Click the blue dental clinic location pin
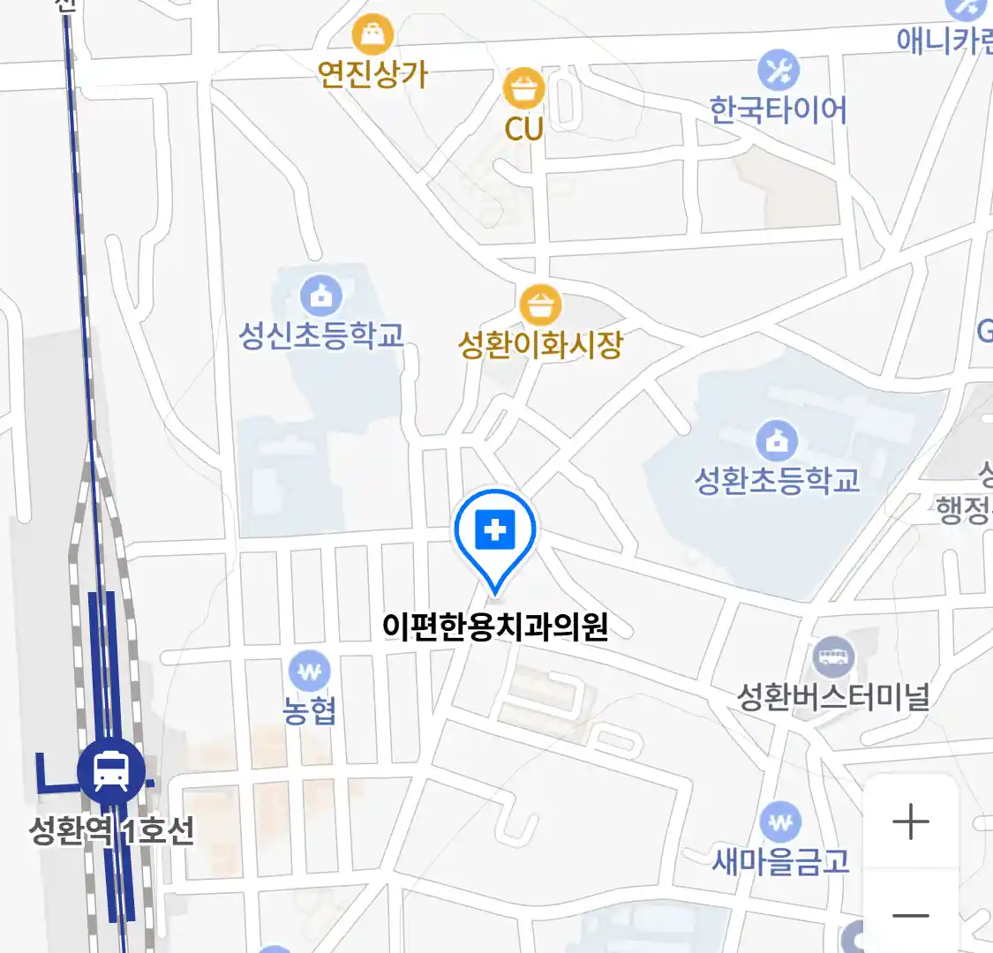(495, 532)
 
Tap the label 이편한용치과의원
(495, 627)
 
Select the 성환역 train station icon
(111, 770)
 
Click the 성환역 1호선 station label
(112, 830)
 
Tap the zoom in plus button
(911, 822)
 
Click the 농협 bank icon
(309, 672)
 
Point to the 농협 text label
(309, 710)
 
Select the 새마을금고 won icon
(780, 823)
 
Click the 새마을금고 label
(780, 860)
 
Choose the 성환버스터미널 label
(833, 697)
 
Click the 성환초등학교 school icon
(777, 440)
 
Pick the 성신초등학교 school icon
(321, 296)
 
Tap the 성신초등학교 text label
(321, 335)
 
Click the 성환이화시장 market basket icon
(540, 305)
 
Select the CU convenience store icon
(523, 88)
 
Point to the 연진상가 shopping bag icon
(372, 35)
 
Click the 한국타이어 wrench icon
(778, 71)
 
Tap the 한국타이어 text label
(778, 110)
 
